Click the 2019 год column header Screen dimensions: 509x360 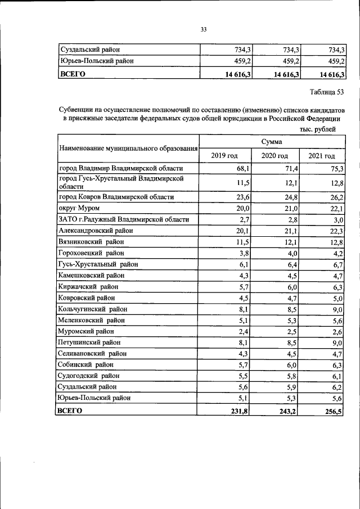224,156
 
